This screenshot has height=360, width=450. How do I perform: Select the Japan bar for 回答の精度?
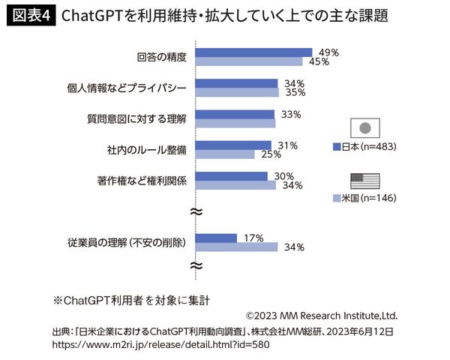pos(255,52)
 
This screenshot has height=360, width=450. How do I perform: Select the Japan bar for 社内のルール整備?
pos(232,145)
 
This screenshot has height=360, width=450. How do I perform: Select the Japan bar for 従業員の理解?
pos(216,238)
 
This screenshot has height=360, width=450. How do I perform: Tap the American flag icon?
pos(365,180)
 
